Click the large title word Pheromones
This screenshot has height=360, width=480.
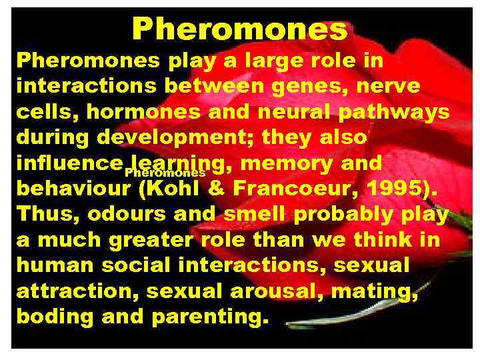coord(239,29)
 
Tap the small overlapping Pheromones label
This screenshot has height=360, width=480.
coord(165,173)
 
